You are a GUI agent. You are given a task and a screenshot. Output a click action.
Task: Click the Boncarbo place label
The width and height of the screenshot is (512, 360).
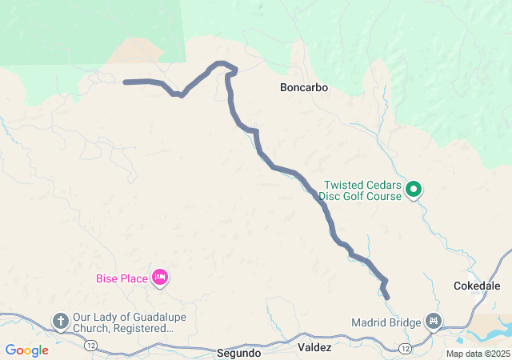(304, 86)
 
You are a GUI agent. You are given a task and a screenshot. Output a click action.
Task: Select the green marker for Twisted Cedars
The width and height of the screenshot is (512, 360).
(414, 190)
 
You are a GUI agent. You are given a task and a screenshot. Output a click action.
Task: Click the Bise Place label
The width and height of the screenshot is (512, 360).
(122, 278)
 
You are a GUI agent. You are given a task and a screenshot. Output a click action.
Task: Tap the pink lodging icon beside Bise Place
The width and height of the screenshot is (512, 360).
(159, 278)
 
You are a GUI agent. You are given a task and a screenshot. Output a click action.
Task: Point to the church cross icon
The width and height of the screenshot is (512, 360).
(60, 322)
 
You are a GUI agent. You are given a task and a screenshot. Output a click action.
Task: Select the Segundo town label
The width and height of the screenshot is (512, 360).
(238, 352)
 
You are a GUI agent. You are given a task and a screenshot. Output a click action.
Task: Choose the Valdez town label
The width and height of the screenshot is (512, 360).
(314, 348)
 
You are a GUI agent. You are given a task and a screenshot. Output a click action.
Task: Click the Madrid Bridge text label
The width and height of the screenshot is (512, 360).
(386, 323)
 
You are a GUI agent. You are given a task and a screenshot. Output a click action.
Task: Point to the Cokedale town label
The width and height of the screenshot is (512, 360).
(477, 286)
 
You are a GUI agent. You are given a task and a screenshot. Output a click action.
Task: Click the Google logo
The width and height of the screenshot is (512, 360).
(26, 350)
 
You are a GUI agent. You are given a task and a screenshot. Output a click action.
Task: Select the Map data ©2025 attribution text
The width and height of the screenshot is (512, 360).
(477, 354)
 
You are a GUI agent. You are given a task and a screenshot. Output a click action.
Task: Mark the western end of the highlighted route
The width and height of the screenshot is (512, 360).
(126, 82)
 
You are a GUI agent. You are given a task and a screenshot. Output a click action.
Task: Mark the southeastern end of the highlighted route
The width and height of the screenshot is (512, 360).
(387, 298)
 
